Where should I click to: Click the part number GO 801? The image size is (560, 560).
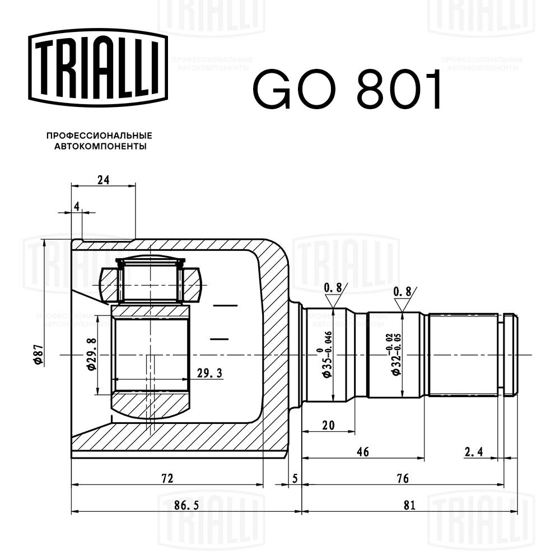tap(347, 89)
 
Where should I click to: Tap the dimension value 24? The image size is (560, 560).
tap(102, 180)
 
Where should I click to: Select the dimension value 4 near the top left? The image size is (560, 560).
tap(77, 207)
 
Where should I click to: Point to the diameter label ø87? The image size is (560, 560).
tap(39, 354)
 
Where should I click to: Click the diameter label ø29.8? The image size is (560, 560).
tap(91, 355)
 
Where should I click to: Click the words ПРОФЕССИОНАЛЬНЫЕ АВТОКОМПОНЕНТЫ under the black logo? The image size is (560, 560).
tap(99, 141)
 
